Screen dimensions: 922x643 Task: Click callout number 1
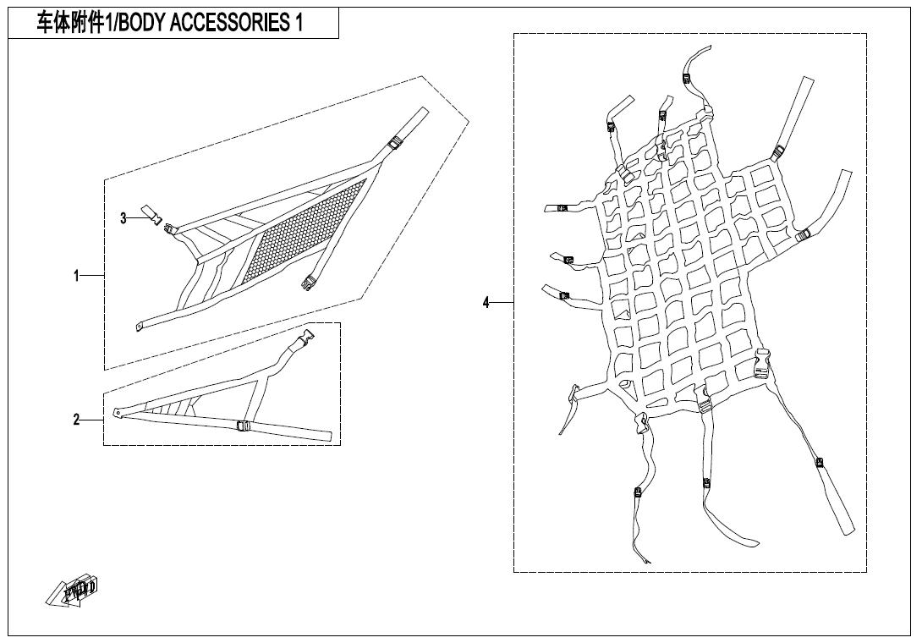pyautogui.click(x=76, y=275)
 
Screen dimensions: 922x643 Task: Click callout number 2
pyautogui.click(x=76, y=420)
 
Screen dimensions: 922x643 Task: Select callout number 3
pyautogui.click(x=123, y=219)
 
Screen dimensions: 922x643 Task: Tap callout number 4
pyautogui.click(x=486, y=303)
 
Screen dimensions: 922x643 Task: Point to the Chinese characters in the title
pyautogui.click(x=67, y=23)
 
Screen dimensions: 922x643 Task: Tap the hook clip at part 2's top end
pyautogui.click(x=305, y=337)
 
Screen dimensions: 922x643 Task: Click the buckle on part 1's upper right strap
pyautogui.click(x=395, y=142)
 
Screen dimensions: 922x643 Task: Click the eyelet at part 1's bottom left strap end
pyautogui.click(x=140, y=327)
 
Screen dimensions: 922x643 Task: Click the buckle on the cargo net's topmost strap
pyautogui.click(x=689, y=77)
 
